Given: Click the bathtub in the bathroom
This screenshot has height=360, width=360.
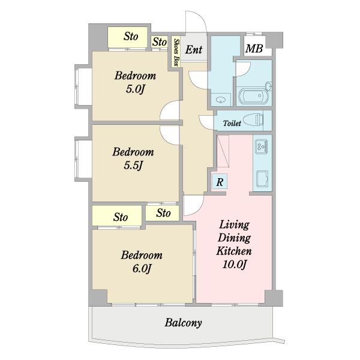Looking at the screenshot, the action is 253,96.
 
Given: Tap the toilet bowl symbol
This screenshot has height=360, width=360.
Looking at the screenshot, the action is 254,119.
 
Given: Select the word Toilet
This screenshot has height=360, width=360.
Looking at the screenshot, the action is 232,123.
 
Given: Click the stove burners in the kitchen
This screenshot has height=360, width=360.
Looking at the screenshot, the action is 261,147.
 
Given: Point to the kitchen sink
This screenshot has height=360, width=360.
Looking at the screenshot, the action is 262,179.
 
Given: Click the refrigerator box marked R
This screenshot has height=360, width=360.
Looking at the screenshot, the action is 220,182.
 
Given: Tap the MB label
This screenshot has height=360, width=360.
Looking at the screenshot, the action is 254,49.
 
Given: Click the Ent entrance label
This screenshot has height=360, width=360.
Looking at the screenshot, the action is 194,50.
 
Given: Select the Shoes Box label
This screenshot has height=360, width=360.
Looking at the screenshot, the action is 176,53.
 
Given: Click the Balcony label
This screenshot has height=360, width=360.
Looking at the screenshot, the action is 183,323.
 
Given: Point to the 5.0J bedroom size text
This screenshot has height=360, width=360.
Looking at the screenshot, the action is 136,89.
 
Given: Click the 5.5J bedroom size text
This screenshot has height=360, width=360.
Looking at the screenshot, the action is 133,166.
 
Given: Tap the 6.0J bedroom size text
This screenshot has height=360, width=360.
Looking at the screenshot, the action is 142,268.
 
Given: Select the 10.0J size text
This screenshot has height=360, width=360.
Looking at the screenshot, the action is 235,265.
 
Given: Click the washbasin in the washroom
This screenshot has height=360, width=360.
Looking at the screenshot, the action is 221,100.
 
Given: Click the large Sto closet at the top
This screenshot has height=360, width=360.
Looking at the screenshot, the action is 127,37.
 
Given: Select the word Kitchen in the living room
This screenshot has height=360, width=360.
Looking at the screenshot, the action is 234,251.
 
